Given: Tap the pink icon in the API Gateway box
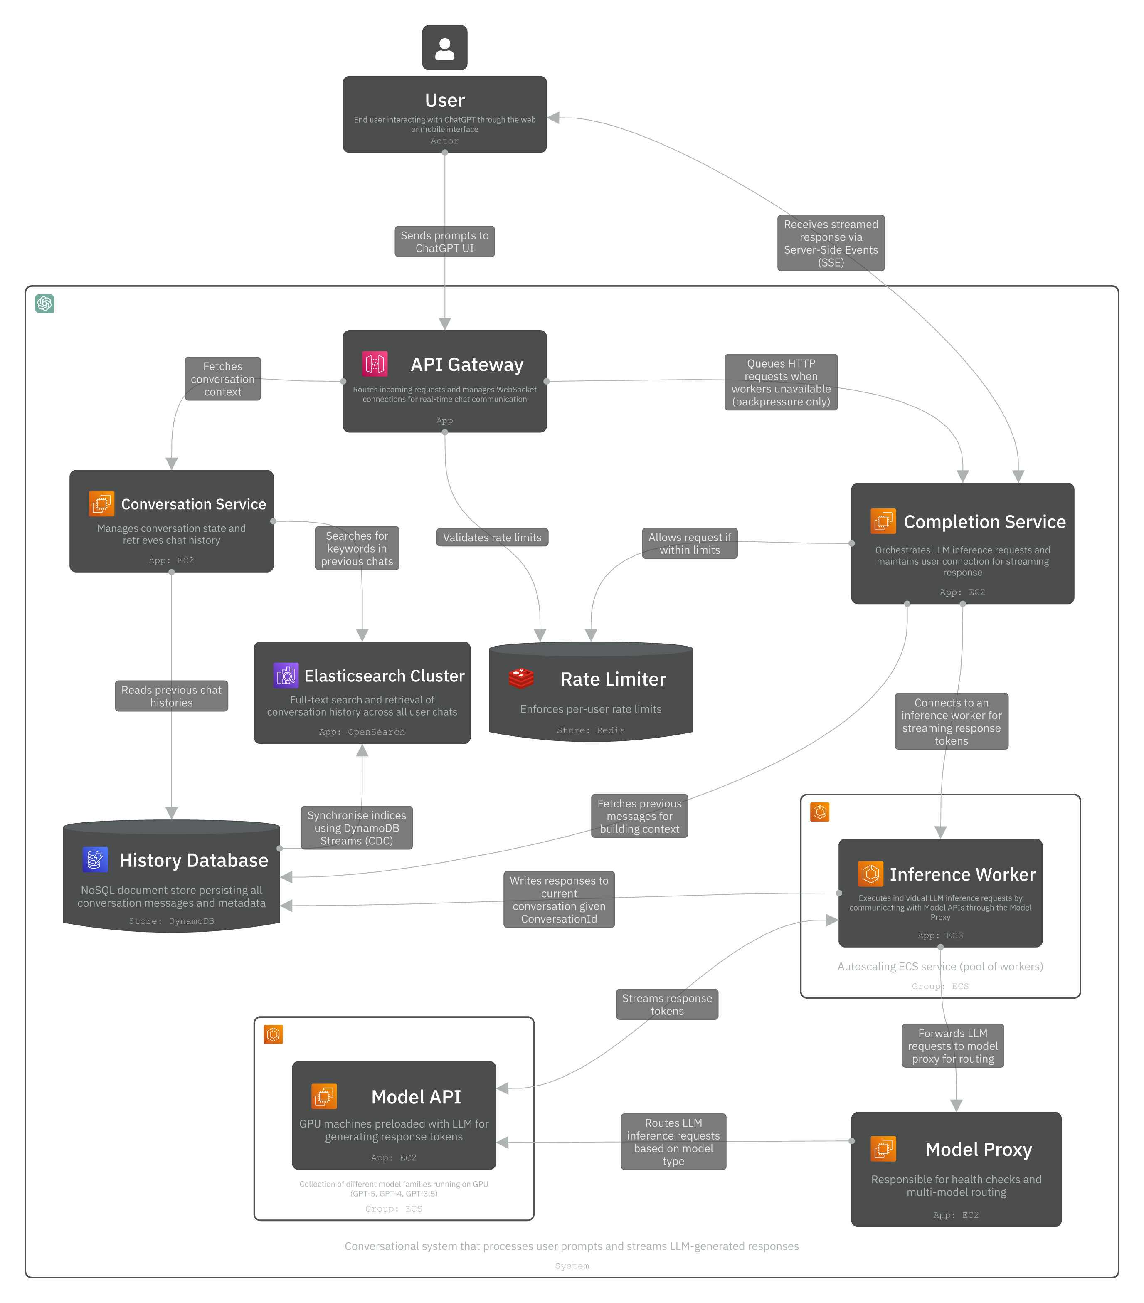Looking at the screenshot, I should pos(375,364).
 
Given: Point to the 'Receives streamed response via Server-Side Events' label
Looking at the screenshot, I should pos(831,243).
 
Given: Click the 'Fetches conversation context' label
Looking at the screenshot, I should pos(222,379).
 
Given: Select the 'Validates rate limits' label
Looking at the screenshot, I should pos(492,538).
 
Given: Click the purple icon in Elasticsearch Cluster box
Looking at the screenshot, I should pos(286,676).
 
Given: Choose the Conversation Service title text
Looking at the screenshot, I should pos(194,504).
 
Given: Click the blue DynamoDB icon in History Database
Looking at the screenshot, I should pos(95,860).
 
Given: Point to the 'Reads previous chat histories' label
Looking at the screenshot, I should pos(171,696).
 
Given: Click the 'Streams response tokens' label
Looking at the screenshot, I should pos(667,1004).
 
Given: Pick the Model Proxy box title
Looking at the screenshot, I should pos(978,1149).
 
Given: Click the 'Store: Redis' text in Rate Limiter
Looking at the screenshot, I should pos(590,730).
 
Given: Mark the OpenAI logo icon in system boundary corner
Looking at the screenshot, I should pos(44,304).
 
